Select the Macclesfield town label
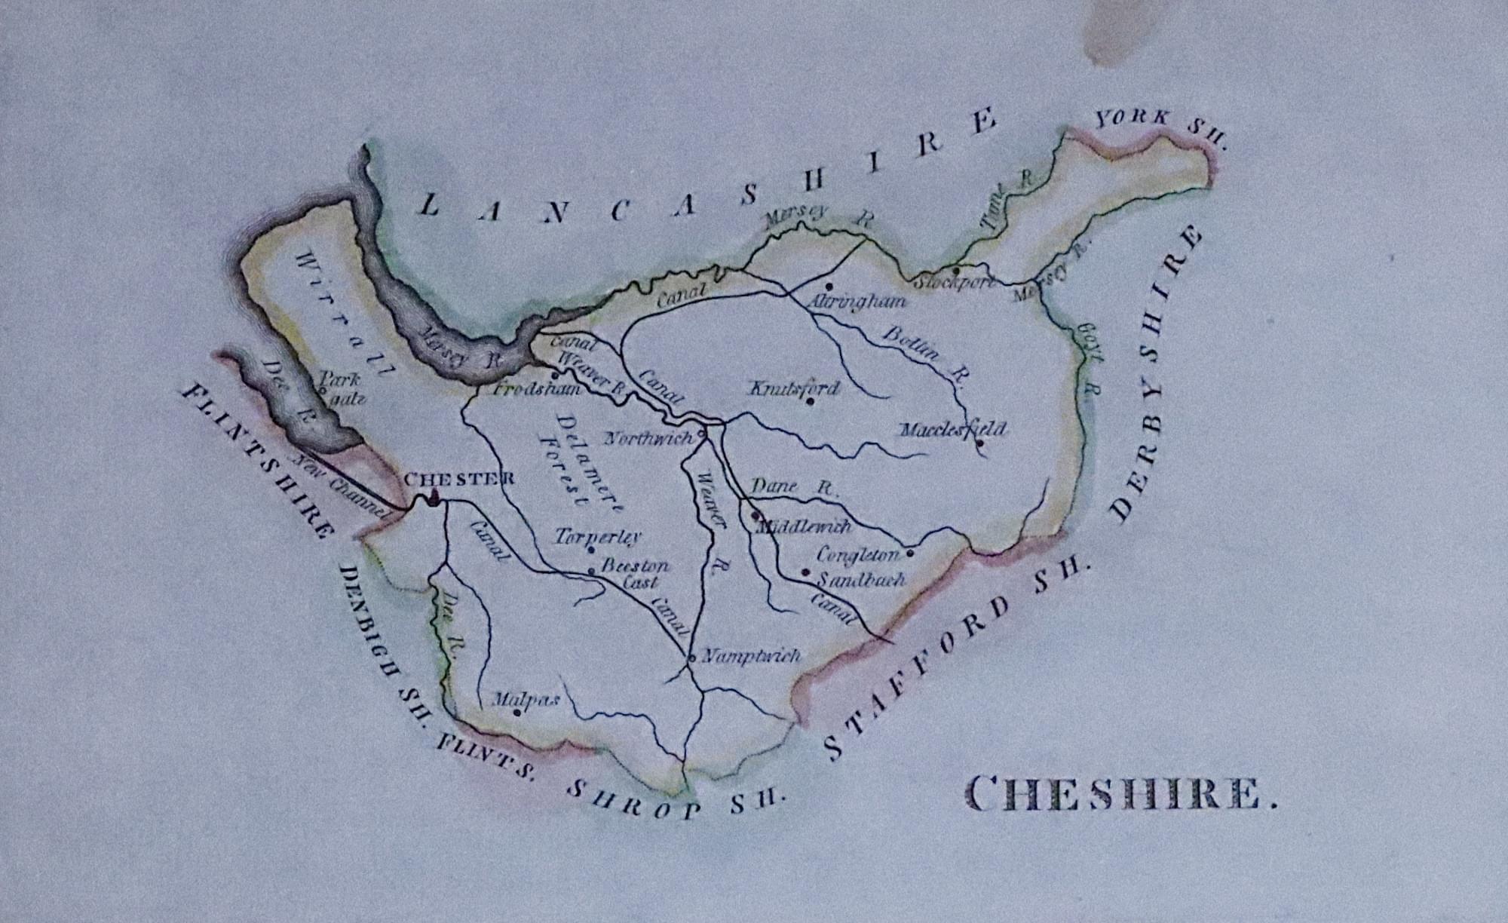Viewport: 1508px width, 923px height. tap(953, 430)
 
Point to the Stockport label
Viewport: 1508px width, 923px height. tap(955, 283)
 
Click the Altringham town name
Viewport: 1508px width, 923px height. tap(856, 302)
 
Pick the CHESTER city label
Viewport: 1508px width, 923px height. tap(459, 479)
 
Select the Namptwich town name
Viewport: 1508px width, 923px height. tap(751, 656)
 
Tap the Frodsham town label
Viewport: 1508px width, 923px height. tap(536, 389)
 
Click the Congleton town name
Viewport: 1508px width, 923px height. tap(858, 556)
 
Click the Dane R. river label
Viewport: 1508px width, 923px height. tap(794, 487)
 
